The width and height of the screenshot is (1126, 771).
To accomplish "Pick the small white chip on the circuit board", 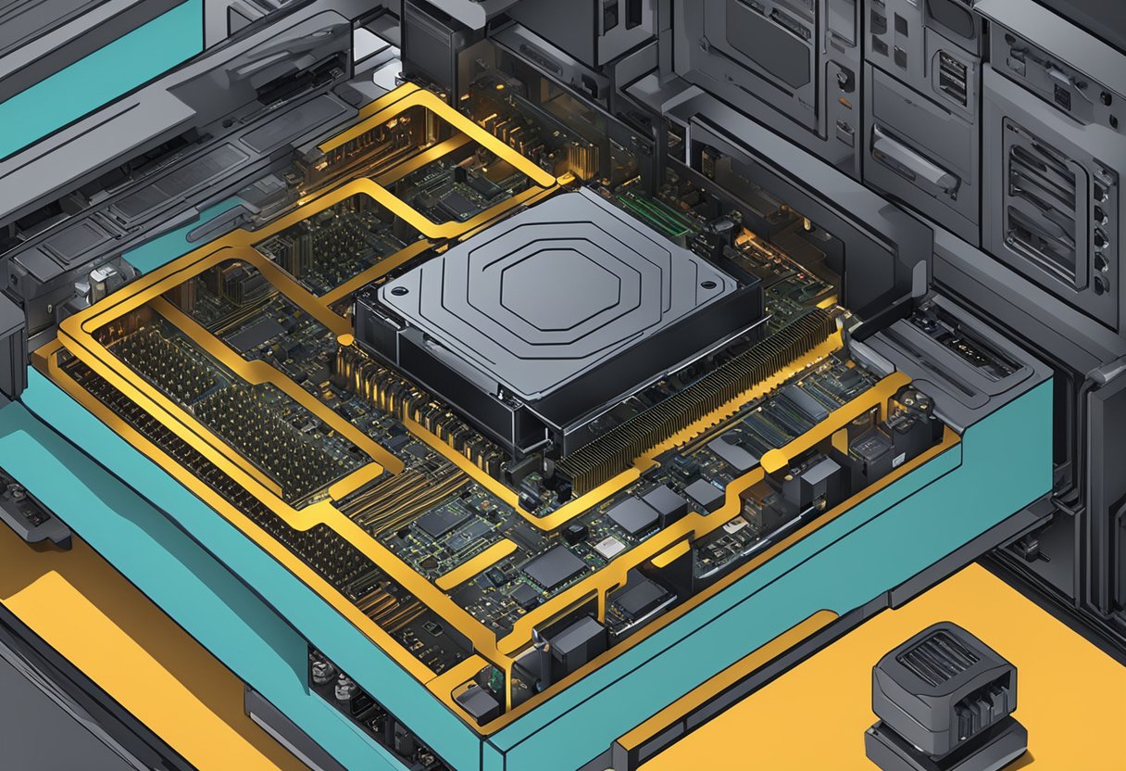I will click(609, 547).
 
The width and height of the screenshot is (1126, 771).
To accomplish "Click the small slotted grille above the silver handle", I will click(950, 78).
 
